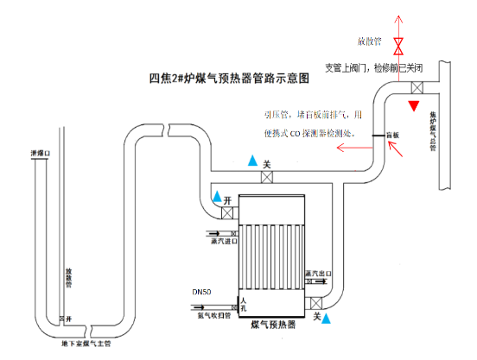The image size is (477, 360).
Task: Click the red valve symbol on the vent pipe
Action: pos(398,44)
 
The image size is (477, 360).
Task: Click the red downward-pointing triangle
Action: pos(416,105)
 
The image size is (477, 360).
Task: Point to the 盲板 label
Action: pos(392,136)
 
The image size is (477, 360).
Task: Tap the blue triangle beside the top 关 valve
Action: pos(251,161)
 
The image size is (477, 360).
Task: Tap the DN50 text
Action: pos(201,292)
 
